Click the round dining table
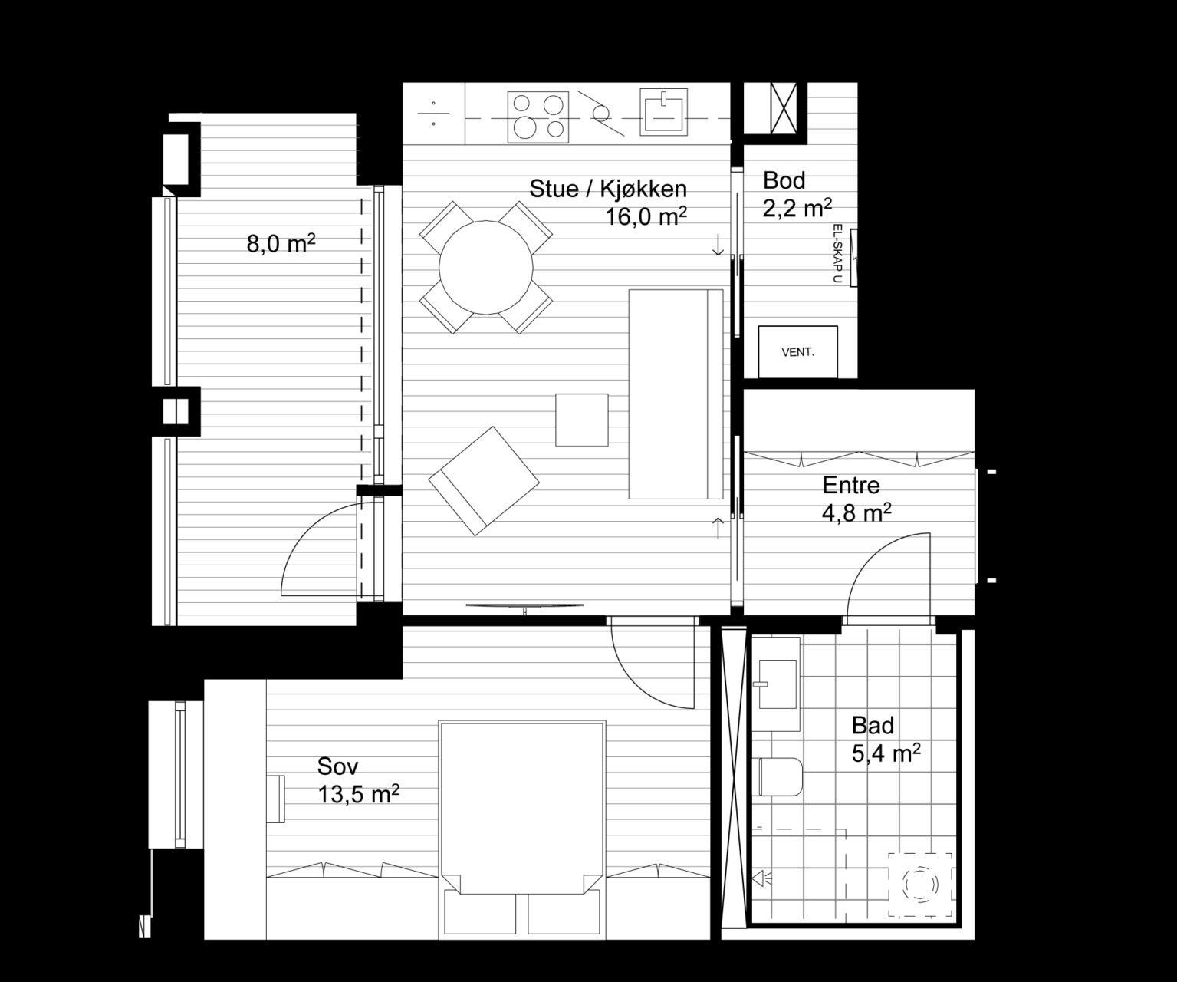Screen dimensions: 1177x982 tap(486, 267)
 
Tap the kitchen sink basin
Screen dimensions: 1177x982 tap(663, 112)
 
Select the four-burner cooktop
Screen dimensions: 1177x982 tap(538, 117)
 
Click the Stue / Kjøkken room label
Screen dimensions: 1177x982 tap(608, 189)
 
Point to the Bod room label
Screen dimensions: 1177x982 tap(784, 180)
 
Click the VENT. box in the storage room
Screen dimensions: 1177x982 tap(797, 351)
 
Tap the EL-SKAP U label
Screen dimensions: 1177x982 tap(837, 253)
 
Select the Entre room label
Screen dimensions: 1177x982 tap(851, 485)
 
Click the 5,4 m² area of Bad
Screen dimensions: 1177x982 tap(886, 753)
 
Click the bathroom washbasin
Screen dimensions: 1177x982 tap(777, 684)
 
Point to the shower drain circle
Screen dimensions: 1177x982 tap(920, 884)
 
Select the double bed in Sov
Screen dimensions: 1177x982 tap(522, 829)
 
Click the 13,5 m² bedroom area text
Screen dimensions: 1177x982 tap(359, 795)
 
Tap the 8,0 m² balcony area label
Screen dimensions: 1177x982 tap(281, 244)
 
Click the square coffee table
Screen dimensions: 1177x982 tap(582, 420)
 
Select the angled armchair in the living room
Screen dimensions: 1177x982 tap(484, 480)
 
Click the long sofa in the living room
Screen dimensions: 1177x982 tap(676, 394)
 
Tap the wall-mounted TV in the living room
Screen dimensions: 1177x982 tap(524, 606)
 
